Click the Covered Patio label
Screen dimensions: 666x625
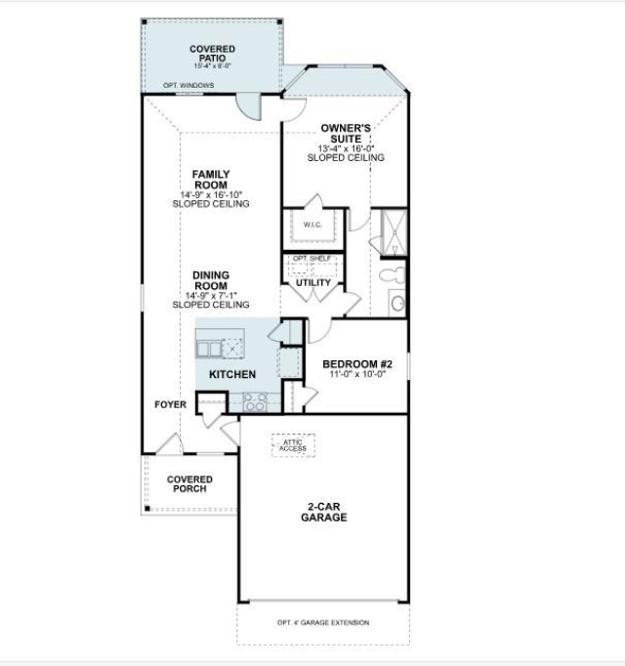(x=212, y=54)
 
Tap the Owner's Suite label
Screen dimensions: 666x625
(x=346, y=134)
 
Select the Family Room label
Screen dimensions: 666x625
(x=211, y=180)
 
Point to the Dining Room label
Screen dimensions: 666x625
(x=211, y=281)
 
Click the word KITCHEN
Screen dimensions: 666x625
(x=232, y=374)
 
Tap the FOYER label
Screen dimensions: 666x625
(x=170, y=404)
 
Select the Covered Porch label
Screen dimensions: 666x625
(x=189, y=483)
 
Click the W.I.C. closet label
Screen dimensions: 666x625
(x=312, y=225)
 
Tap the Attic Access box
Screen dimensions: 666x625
(x=292, y=445)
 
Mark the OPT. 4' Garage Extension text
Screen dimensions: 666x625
(x=323, y=622)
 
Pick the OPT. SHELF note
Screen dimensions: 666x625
(x=312, y=258)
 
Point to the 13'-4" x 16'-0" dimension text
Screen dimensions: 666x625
(x=346, y=148)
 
